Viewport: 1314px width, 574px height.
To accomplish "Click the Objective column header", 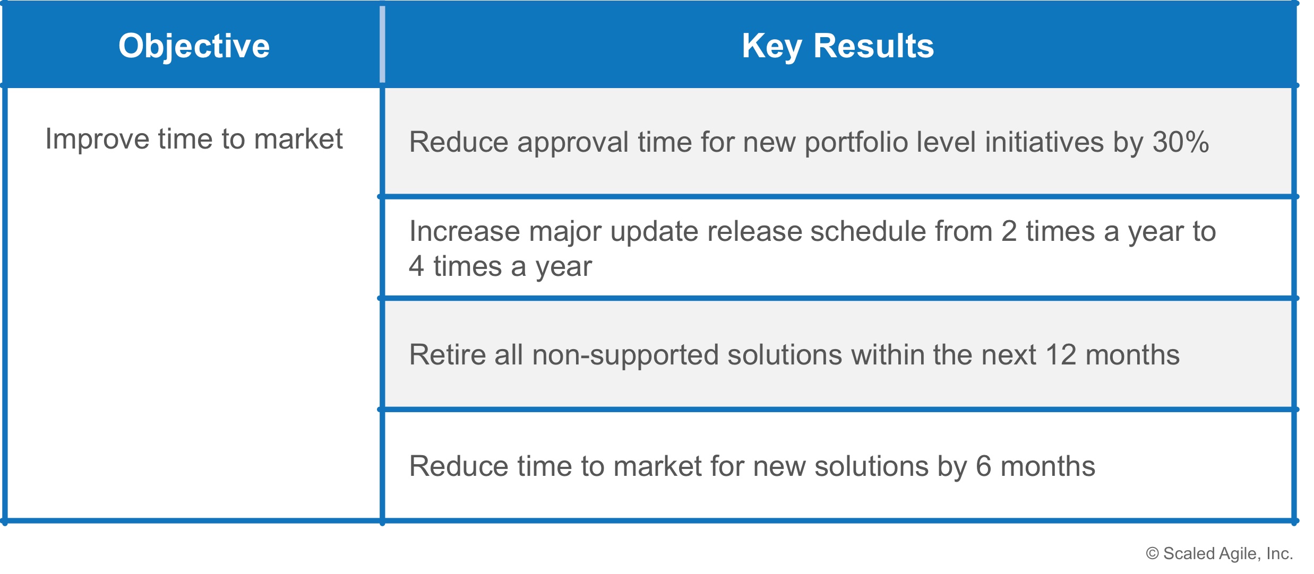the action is [x=194, y=46].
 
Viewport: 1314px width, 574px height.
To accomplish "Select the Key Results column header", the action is [x=838, y=46].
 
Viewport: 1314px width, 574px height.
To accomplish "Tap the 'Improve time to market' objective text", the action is [x=194, y=140].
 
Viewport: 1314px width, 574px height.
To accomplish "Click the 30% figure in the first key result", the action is [x=1181, y=142].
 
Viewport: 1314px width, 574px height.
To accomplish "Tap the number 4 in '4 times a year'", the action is [x=416, y=266].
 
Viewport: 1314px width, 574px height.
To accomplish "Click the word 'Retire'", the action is [x=448, y=354].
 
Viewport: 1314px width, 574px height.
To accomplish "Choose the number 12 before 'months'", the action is [x=1061, y=354].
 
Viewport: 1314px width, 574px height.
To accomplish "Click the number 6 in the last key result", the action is [x=983, y=466].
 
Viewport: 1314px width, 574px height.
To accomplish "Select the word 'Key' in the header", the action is [x=772, y=47].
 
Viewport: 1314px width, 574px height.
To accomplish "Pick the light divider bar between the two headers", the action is [x=382, y=45].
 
